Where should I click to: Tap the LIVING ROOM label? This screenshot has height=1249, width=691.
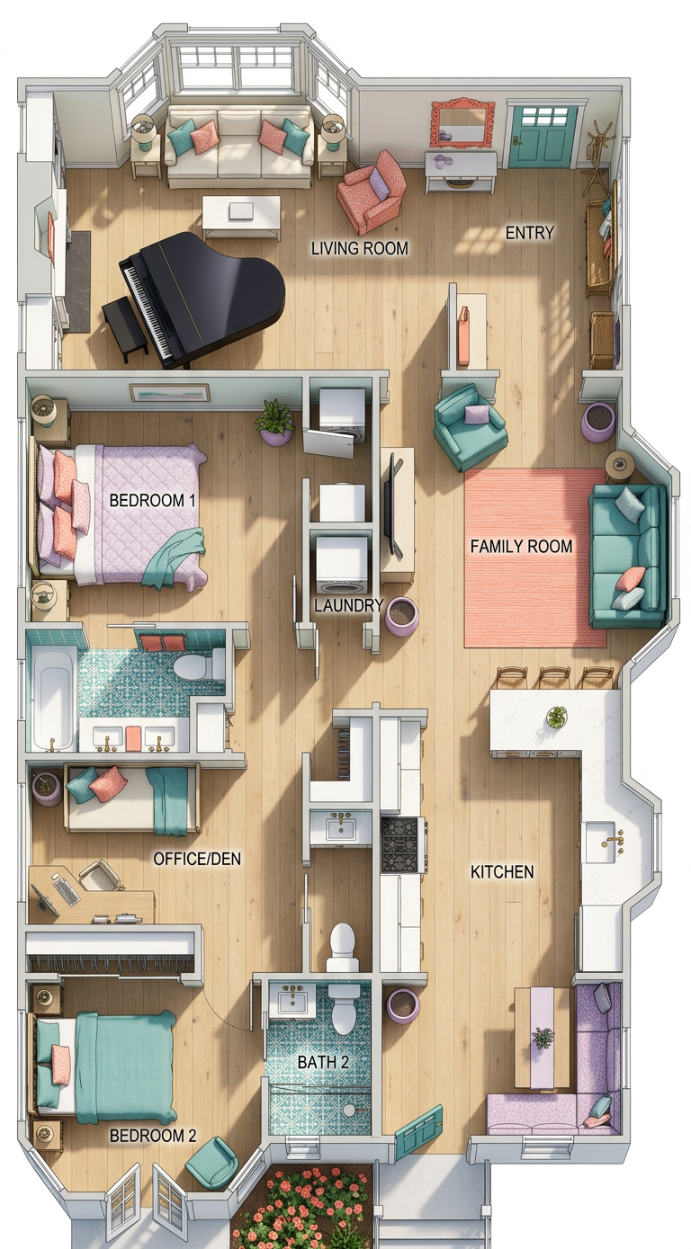click(x=360, y=248)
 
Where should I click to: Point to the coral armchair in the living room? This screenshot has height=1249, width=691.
click(x=372, y=192)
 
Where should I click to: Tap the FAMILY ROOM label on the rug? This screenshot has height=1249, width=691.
click(x=522, y=546)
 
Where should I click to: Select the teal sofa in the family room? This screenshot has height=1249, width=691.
click(x=628, y=556)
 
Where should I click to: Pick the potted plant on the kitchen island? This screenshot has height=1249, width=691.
click(x=557, y=716)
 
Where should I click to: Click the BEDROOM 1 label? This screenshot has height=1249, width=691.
click(x=152, y=500)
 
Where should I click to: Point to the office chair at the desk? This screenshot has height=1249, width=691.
click(x=99, y=877)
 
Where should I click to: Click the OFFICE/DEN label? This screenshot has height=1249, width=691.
click(x=197, y=859)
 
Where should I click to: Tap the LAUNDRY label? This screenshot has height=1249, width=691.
click(x=348, y=605)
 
